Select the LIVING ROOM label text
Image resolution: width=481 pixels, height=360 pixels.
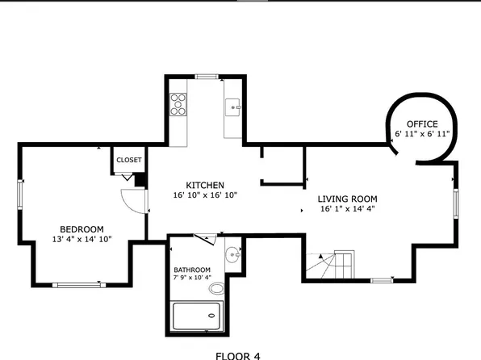(x=347, y=199)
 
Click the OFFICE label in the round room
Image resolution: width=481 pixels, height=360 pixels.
(x=421, y=123)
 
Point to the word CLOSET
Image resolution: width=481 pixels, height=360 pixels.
(x=128, y=160)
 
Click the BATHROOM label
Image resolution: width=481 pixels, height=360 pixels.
(x=192, y=270)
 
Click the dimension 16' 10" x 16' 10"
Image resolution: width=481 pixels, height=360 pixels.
(x=205, y=195)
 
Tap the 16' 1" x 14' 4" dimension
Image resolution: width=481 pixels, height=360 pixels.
(x=347, y=209)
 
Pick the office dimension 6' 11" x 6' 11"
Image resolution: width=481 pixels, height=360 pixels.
(x=421, y=133)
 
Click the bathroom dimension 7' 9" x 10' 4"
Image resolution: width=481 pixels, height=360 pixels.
(x=192, y=279)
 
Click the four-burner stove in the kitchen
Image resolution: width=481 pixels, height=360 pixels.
(x=178, y=103)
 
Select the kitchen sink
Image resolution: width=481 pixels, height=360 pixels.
(x=232, y=105)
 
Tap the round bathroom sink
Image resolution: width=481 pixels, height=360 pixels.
(x=232, y=253)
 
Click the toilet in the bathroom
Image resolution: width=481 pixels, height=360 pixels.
(x=217, y=288)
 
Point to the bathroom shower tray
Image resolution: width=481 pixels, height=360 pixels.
(x=197, y=316)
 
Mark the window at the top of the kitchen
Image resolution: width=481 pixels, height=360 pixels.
(x=207, y=77)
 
